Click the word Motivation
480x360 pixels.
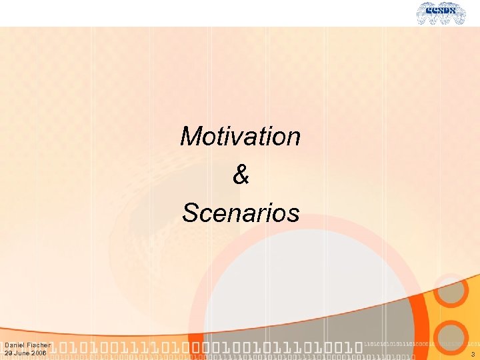click(x=240, y=137)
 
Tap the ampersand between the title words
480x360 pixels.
click(x=241, y=175)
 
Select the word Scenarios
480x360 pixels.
click(x=241, y=213)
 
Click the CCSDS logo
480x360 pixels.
click(x=441, y=13)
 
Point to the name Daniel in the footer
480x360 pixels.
click(x=15, y=345)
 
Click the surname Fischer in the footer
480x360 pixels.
click(x=39, y=345)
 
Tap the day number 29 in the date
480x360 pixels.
click(x=9, y=353)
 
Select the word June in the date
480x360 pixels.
click(x=23, y=353)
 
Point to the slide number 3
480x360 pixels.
click(x=472, y=354)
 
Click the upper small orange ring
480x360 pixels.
click(x=451, y=289)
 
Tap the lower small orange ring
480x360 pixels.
click(x=453, y=336)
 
